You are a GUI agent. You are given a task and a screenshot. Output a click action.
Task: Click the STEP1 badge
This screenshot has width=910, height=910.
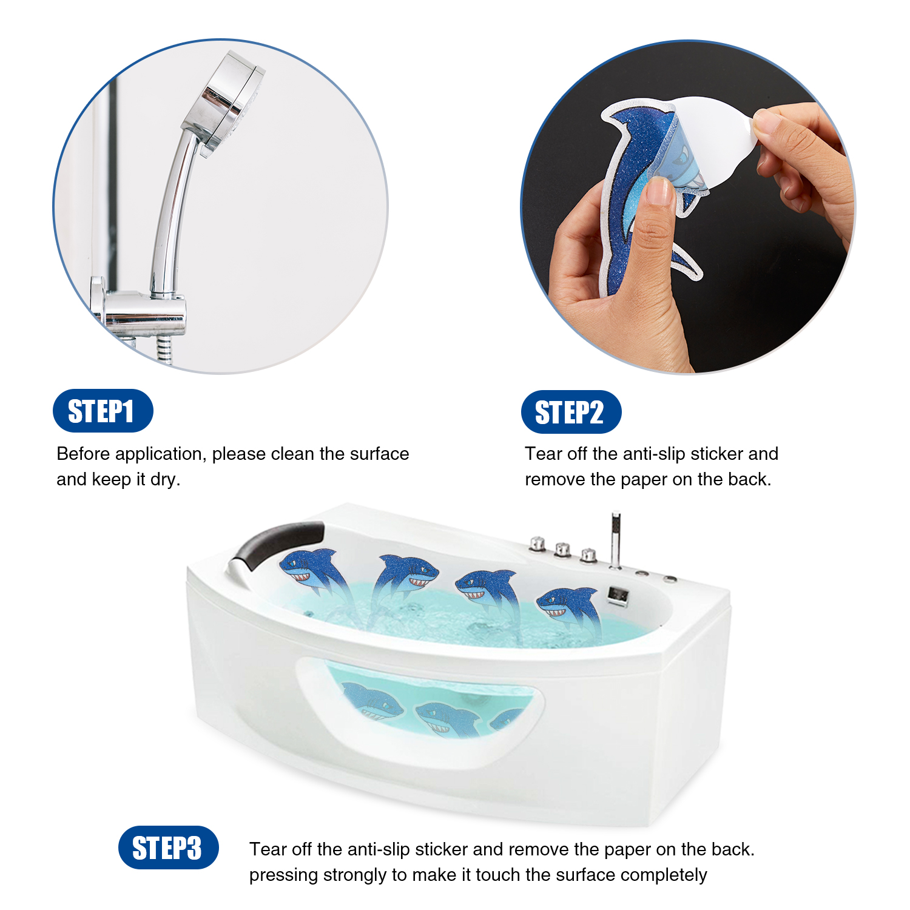coord(103,411)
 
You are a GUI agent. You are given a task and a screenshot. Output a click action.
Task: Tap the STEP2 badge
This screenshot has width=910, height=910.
coord(571,412)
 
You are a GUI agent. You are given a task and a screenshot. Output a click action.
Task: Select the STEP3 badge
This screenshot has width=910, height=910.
coord(168,848)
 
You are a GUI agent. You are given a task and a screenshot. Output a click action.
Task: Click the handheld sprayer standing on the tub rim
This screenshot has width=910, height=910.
coord(615,540)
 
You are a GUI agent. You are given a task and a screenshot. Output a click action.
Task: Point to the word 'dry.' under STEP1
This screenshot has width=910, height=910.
coord(165,479)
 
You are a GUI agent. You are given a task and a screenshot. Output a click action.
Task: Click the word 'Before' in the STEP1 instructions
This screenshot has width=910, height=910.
coord(83,454)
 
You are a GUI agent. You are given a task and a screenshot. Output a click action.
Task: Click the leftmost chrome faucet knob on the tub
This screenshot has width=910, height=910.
coord(538,544)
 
